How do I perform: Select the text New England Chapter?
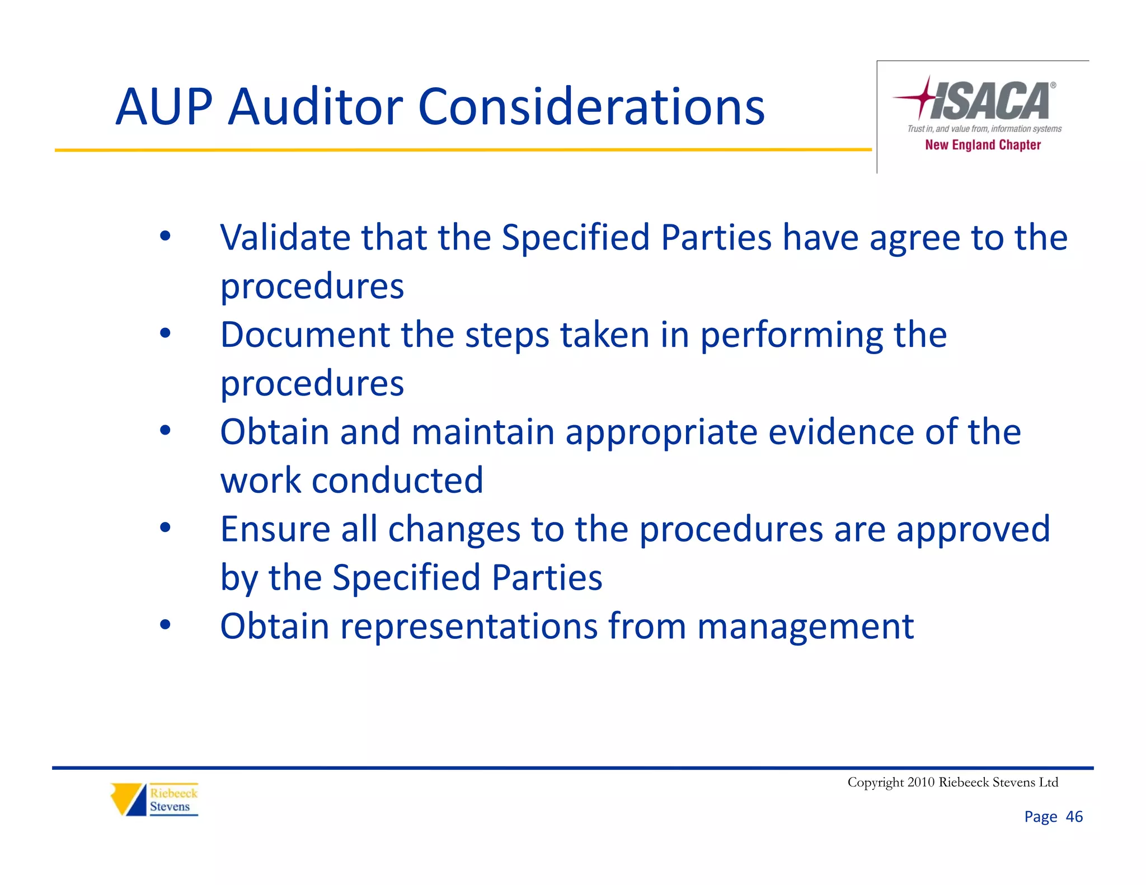click(x=983, y=145)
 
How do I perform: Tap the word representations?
click(x=469, y=627)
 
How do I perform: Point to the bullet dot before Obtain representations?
click(x=165, y=624)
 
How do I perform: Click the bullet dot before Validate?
click(x=165, y=236)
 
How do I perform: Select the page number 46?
click(x=1074, y=817)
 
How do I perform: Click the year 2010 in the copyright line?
click(x=920, y=782)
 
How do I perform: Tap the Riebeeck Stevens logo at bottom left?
click(x=154, y=799)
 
